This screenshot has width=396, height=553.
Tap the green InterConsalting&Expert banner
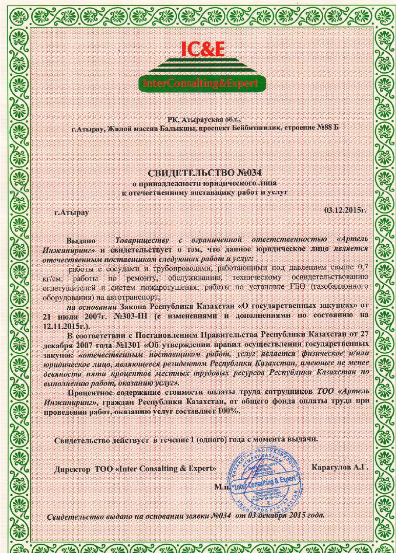pyautogui.click(x=203, y=83)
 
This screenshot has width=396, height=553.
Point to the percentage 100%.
pyautogui.click(x=228, y=411)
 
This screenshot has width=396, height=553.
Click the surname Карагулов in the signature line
pyautogui.click(x=331, y=467)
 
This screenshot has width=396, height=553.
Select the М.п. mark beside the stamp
pyautogui.click(x=222, y=487)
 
